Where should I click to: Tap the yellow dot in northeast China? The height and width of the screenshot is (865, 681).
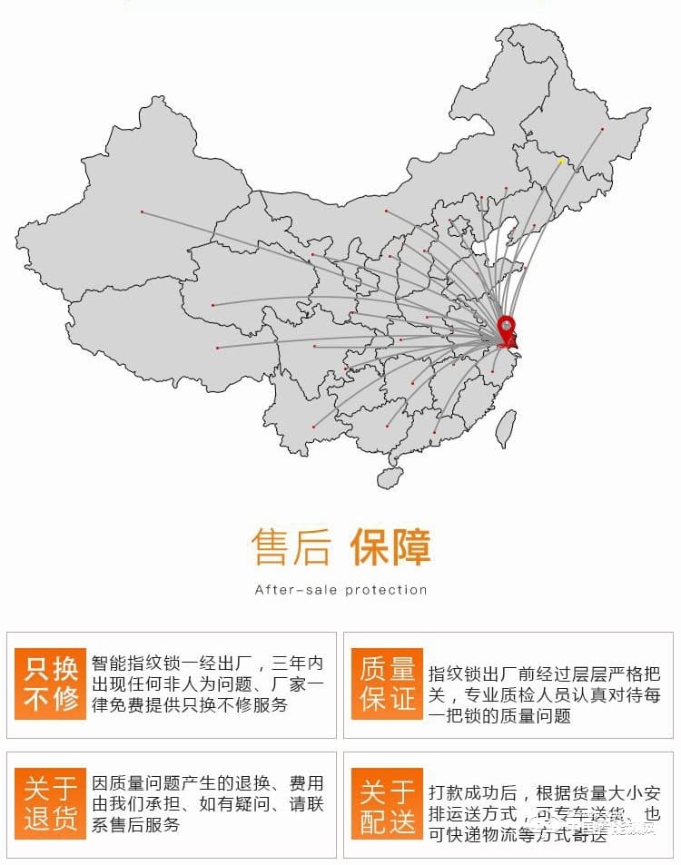pos(561,162)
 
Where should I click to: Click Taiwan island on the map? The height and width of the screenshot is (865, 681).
pos(505,428)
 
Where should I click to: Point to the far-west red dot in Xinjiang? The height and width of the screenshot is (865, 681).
pos(143,211)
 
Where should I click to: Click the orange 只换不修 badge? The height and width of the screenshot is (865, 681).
pos(51,684)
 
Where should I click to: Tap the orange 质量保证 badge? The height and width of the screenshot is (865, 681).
pos(388,684)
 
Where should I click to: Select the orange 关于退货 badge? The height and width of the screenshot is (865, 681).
pos(51,803)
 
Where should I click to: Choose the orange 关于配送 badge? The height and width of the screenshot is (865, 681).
pos(388,804)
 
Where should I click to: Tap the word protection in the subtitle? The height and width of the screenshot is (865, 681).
pos(386,590)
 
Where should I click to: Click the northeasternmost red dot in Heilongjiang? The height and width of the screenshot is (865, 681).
pos(602,129)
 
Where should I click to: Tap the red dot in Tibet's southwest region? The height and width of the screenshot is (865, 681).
pos(217,348)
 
